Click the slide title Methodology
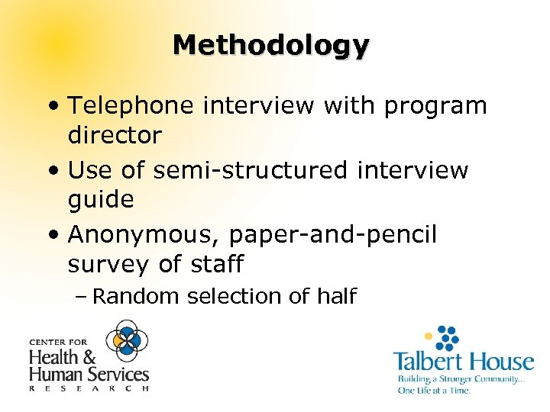tap(271, 45)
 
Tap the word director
tap(115, 136)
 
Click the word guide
tap(101, 200)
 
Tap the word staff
tap(215, 264)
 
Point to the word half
tap(333, 296)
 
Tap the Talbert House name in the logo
tap(463, 361)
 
